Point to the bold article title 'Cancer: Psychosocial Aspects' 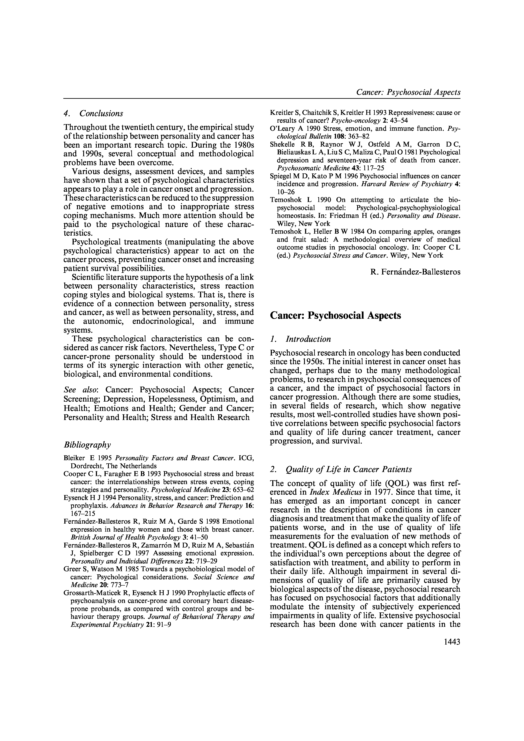[x=335, y=315]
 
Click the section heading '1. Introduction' [x=300, y=339]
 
